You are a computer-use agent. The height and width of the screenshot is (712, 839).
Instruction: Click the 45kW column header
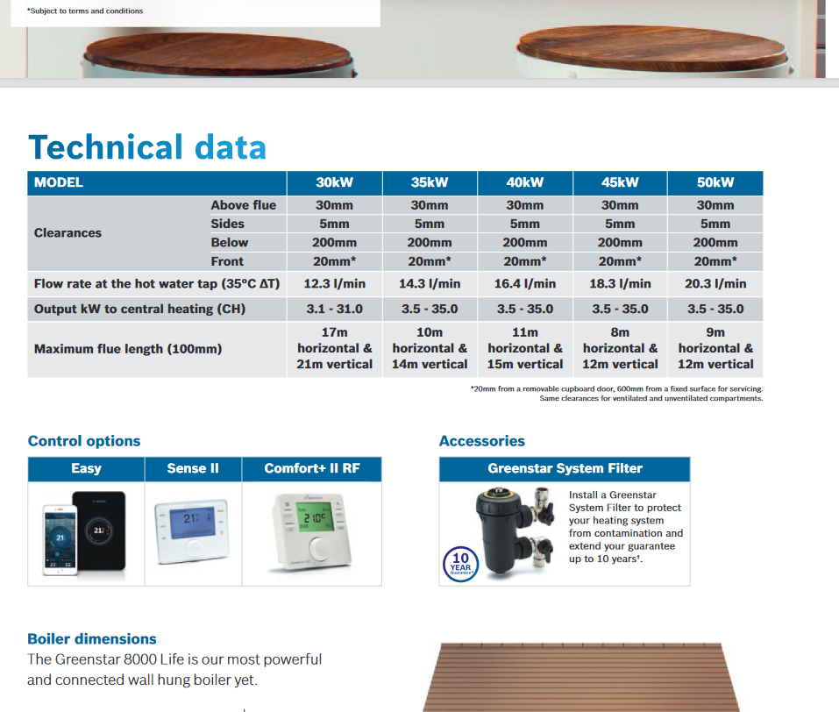point(620,182)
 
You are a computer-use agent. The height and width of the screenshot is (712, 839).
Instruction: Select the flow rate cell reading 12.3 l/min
point(334,284)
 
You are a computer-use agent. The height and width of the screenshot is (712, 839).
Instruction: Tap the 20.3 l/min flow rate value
point(715,284)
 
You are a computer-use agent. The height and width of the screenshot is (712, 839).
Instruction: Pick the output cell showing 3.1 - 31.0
point(334,309)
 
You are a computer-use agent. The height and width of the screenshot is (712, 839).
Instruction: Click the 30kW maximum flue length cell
point(334,348)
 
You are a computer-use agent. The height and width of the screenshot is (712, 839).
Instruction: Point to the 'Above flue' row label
point(244,205)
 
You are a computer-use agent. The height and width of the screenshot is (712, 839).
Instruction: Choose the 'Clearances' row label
point(68,233)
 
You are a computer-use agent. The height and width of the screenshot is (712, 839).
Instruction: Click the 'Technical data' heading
point(147,147)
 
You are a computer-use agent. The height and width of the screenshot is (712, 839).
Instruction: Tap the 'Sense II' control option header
point(193,468)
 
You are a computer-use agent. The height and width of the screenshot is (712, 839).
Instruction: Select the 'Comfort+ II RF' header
point(312,468)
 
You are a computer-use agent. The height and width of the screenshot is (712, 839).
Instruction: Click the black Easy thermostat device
point(100,530)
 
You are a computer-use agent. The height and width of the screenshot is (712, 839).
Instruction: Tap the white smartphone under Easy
point(60,540)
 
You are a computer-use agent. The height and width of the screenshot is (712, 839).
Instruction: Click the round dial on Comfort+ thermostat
point(319,549)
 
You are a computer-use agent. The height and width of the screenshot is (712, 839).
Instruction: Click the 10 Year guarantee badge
point(460,564)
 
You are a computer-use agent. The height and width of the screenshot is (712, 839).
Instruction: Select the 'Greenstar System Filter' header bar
point(565,468)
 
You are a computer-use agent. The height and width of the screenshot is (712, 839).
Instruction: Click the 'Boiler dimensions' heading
point(92,638)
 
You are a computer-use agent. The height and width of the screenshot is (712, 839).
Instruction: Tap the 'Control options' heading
point(84,441)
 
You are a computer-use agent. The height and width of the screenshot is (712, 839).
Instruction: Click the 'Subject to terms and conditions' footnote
point(85,11)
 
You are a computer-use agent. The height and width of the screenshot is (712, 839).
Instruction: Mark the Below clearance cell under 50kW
point(715,243)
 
